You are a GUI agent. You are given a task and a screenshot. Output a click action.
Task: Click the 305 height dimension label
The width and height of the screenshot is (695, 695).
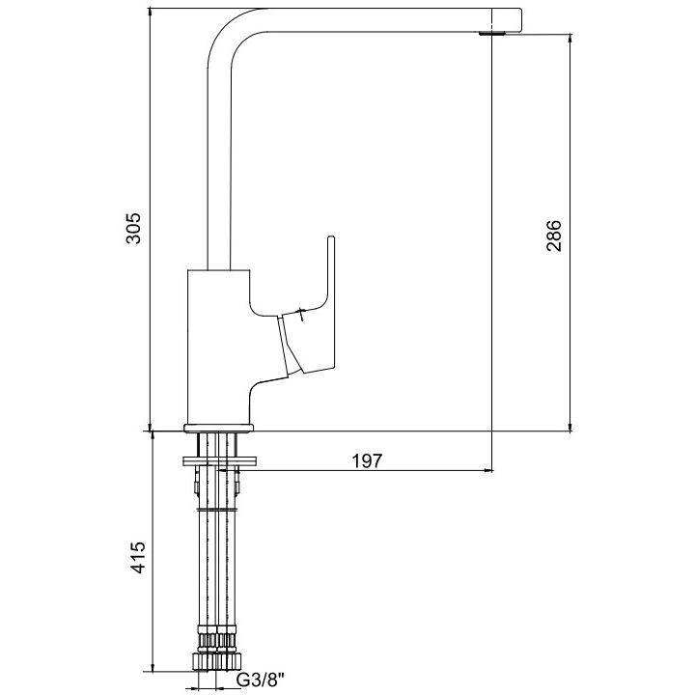pyautogui.click(x=133, y=228)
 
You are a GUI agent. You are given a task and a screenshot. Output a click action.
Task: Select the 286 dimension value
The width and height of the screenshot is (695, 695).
pyautogui.click(x=553, y=236)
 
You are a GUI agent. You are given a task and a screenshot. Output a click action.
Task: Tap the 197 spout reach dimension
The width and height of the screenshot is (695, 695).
pyautogui.click(x=367, y=461)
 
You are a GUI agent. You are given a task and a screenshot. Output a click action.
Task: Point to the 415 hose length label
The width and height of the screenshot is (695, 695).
pyautogui.click(x=138, y=557)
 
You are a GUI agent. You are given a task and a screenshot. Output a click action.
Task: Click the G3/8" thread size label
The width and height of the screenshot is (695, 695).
pyautogui.click(x=261, y=680)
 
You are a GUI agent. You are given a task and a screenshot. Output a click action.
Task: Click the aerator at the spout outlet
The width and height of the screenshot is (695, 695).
pyautogui.click(x=493, y=33)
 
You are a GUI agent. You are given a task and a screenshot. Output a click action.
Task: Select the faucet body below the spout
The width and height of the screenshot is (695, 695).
pyautogui.click(x=218, y=346)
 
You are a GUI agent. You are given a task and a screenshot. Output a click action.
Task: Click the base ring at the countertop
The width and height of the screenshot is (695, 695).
pyautogui.click(x=219, y=428)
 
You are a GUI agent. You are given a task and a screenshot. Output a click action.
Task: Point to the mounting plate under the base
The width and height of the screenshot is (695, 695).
pyautogui.click(x=219, y=460)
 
